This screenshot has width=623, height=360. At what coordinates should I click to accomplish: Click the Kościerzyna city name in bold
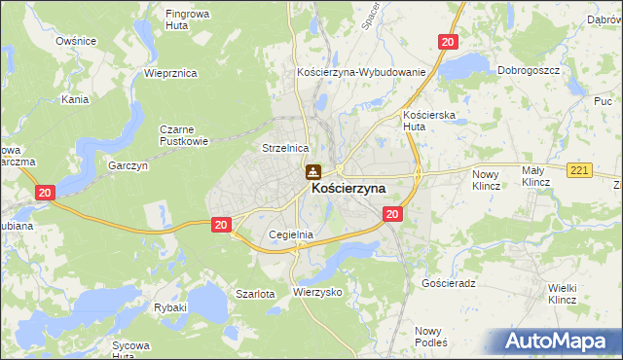[348, 189]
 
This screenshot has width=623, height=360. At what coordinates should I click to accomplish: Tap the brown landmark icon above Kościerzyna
[312, 172]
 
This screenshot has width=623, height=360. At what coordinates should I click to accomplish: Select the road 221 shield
[581, 170]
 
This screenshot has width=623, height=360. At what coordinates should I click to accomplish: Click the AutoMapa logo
[562, 342]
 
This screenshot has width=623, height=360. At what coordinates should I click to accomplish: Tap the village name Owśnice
[75, 41]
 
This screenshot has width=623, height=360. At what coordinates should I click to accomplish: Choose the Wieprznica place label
[170, 73]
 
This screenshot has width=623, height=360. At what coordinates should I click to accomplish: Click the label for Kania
[75, 99]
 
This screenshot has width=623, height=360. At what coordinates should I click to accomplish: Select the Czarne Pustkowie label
[184, 134]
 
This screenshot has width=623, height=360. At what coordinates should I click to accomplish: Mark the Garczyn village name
[128, 166]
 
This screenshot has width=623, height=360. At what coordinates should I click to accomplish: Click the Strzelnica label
[285, 147]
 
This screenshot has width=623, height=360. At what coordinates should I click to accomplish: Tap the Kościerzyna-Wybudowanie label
[361, 73]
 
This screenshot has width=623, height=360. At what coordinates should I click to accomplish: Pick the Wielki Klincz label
[564, 293]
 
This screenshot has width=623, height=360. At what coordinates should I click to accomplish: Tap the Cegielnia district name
[290, 234]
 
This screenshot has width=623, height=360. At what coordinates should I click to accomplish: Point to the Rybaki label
[170, 307]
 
